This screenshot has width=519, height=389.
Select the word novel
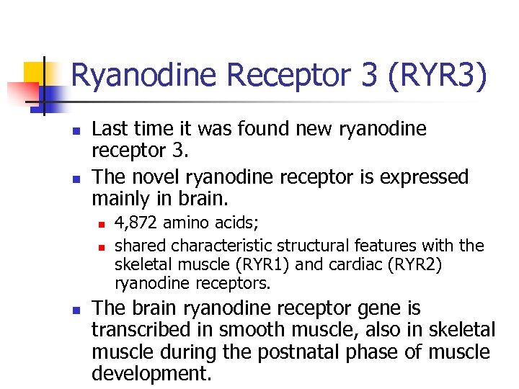[x=155, y=177]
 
